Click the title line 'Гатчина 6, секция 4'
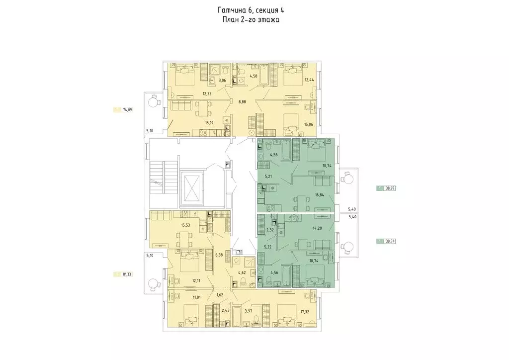[x=251, y=10]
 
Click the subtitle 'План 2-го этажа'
[x=251, y=20]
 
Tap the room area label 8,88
[x=242, y=101]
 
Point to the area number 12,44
[x=309, y=80]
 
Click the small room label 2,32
[x=270, y=230]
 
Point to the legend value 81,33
[x=127, y=273]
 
